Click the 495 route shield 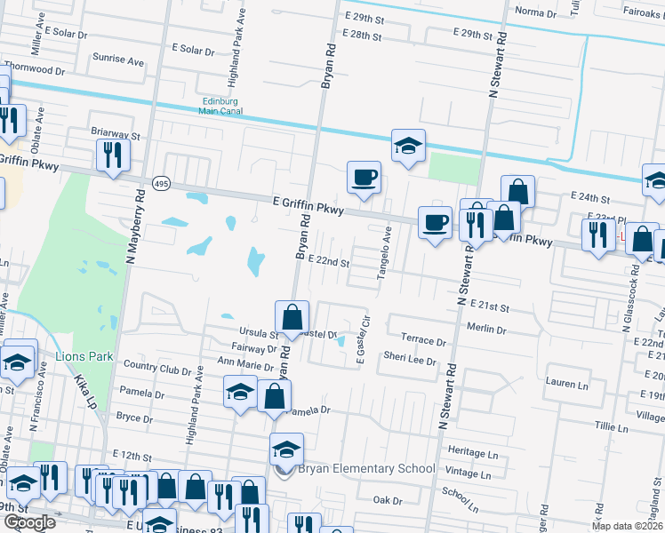tap(161, 183)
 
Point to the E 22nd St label tap(328, 262)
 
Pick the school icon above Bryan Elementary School tap(286, 449)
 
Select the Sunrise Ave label tap(118, 62)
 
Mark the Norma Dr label tap(535, 12)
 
